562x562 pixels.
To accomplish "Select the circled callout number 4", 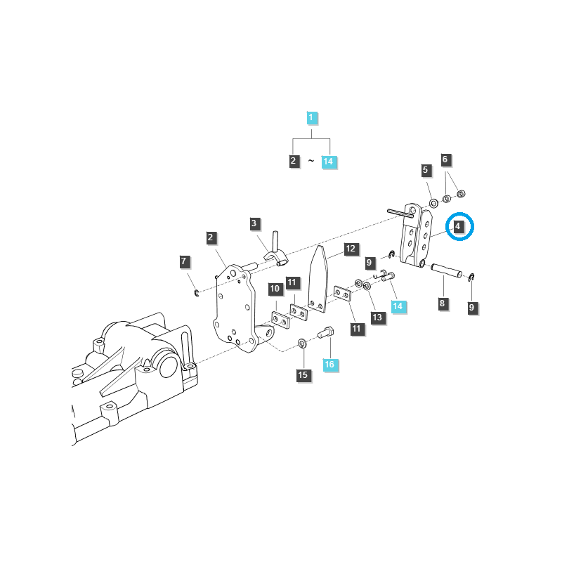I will (457, 227).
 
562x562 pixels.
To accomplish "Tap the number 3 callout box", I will (254, 224).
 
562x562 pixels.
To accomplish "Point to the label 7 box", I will (184, 262).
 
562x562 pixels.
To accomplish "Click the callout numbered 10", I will (275, 289).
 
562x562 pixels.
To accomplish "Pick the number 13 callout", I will (377, 318).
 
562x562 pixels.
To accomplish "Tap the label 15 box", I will (303, 375).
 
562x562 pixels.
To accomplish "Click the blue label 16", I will (329, 365).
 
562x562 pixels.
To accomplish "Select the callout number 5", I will (426, 170).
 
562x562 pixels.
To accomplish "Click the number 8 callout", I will (441, 303).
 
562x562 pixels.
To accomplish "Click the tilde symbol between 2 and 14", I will (311, 162).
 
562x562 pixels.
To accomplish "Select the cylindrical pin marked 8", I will (447, 270).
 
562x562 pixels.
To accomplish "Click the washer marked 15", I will (302, 344).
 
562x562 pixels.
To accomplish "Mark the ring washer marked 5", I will (433, 203).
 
